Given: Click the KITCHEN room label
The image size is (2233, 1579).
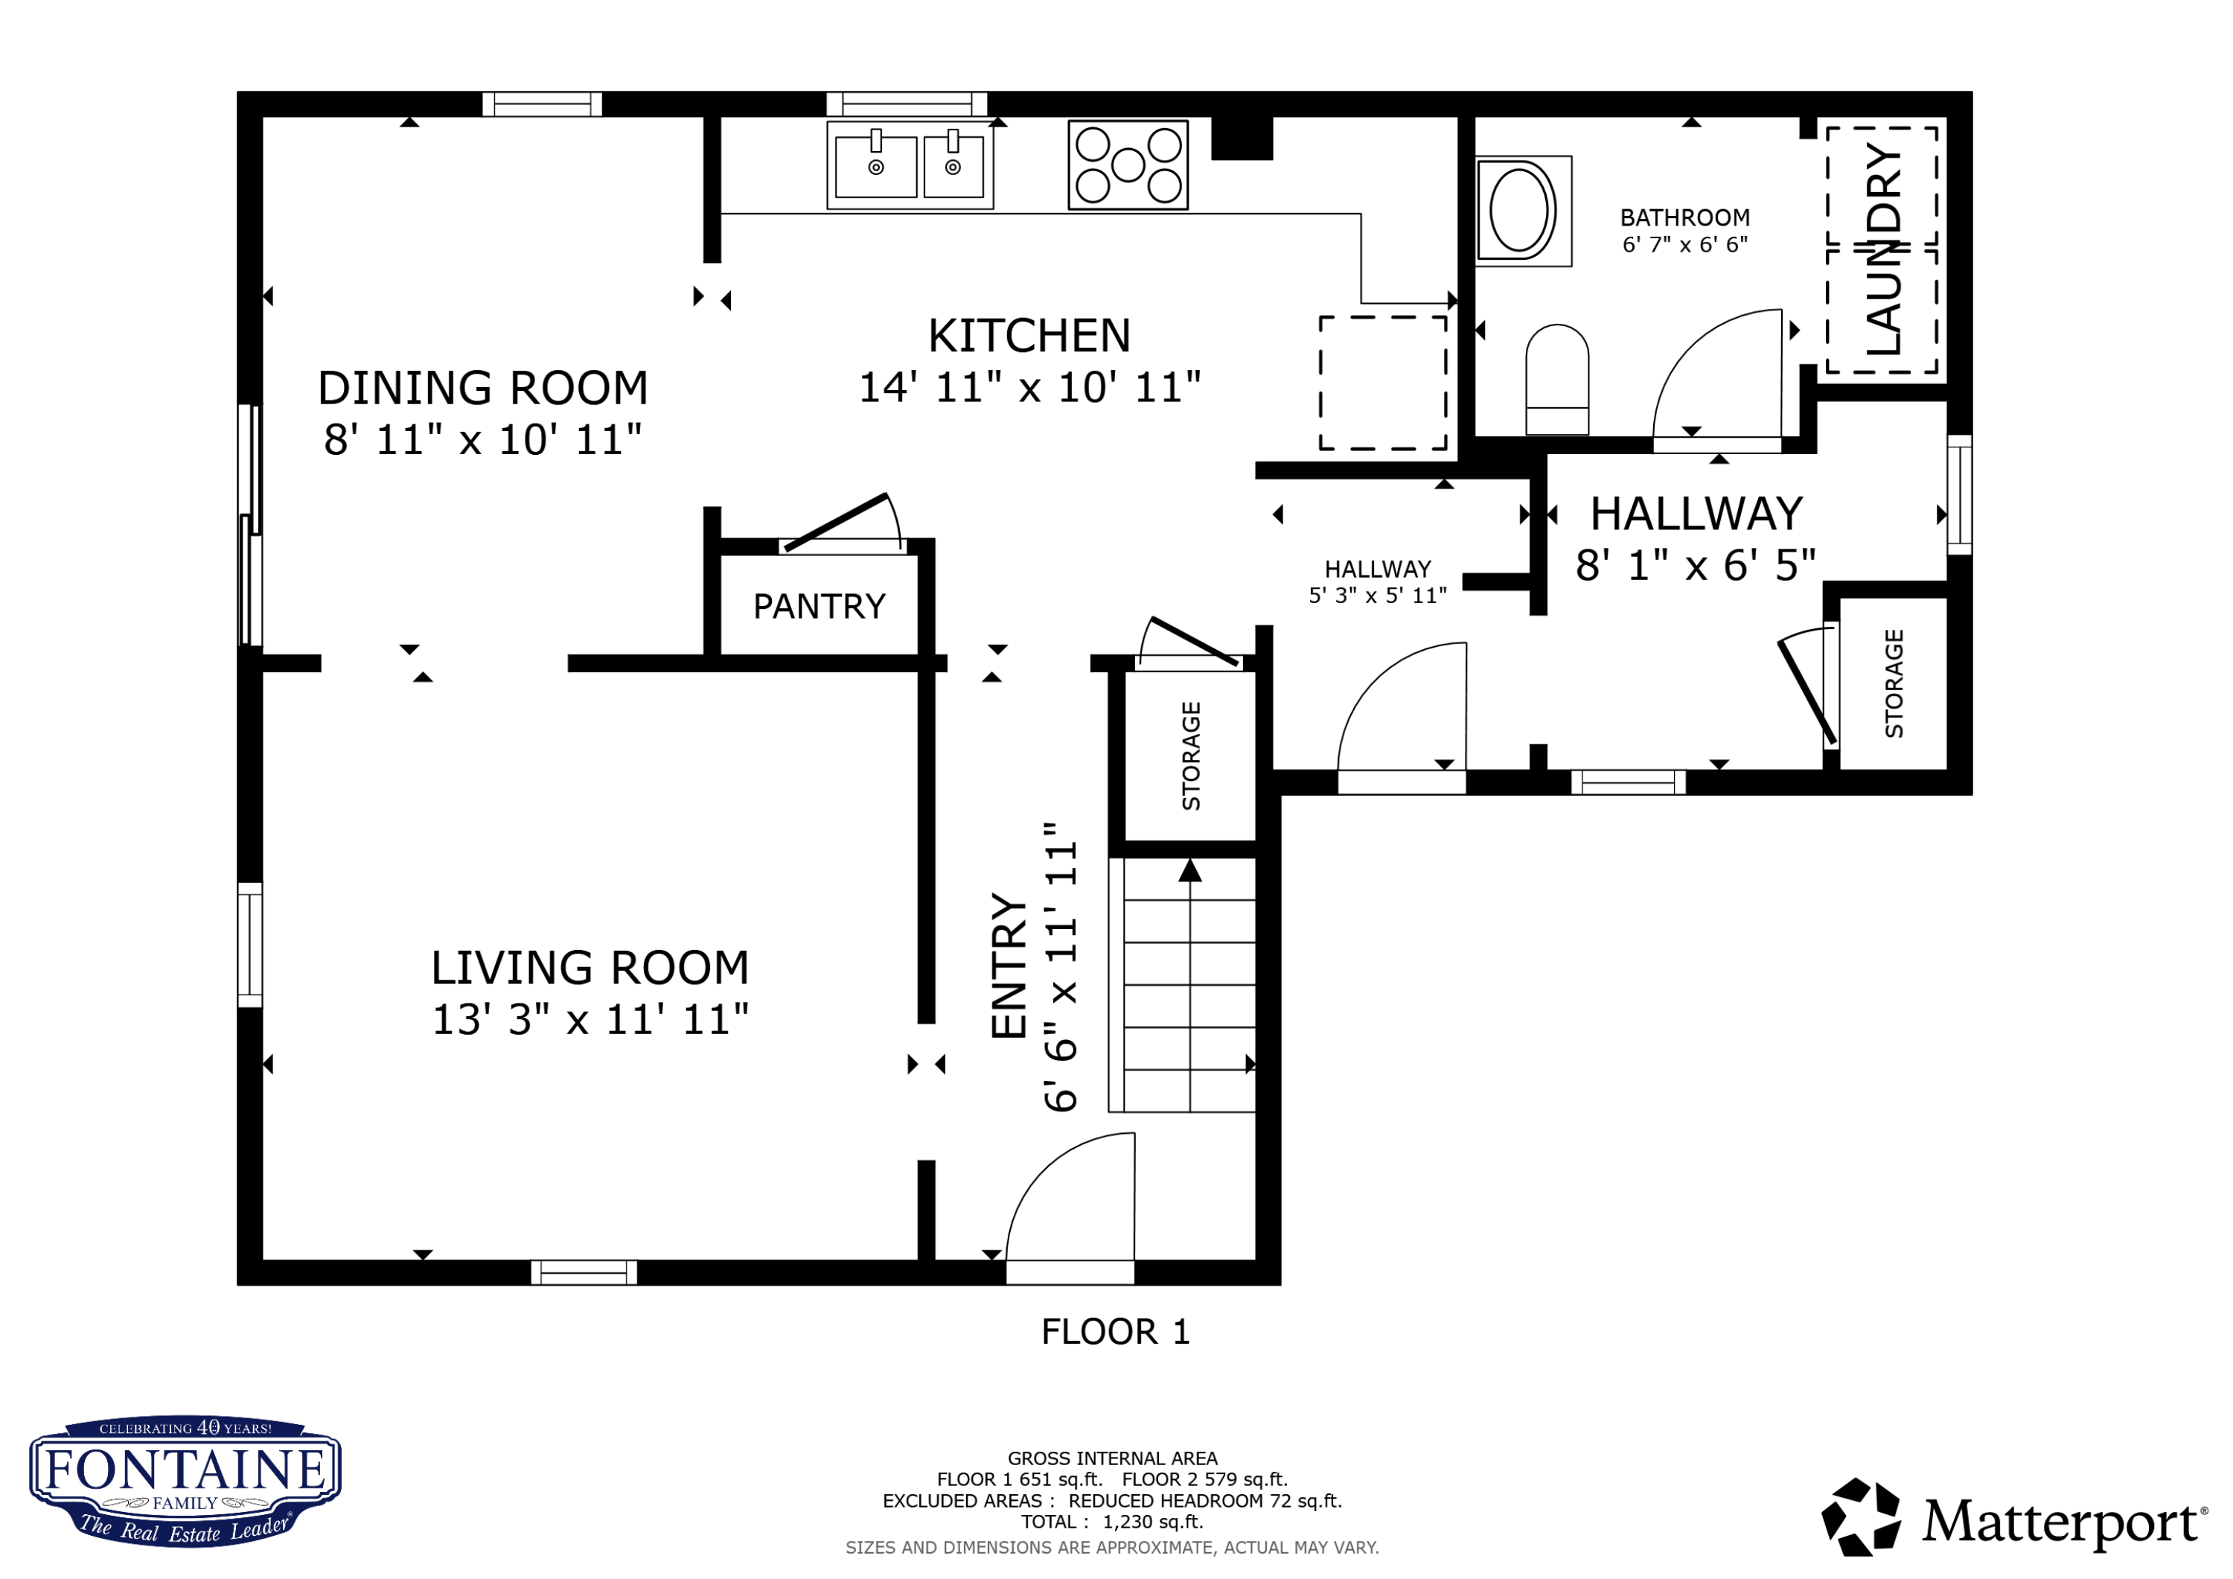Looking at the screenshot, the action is click(x=1029, y=336).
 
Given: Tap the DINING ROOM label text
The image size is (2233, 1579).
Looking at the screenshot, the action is click(x=482, y=388).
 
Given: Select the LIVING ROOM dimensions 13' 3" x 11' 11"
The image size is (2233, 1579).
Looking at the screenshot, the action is click(x=590, y=1020).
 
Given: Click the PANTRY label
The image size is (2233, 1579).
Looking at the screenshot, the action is click(x=819, y=606).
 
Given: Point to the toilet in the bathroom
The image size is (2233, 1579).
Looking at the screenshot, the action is click(x=1557, y=380).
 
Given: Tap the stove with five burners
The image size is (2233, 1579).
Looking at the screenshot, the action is click(x=1128, y=165).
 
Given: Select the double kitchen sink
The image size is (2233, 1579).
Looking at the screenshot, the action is click(x=910, y=165).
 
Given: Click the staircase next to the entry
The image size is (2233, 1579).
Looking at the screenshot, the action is click(x=1183, y=985).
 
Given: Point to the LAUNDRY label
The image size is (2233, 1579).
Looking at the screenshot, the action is click(x=1883, y=249).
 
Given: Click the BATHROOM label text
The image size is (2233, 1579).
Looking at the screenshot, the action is click(x=1684, y=218).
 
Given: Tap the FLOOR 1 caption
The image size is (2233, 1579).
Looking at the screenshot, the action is click(x=1116, y=1332).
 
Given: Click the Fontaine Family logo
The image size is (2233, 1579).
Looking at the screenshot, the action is click(x=185, y=1481).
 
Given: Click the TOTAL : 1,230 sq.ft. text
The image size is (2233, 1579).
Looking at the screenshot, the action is click(x=1111, y=1522).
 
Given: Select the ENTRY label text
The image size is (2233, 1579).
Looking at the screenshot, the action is click(x=1009, y=966).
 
